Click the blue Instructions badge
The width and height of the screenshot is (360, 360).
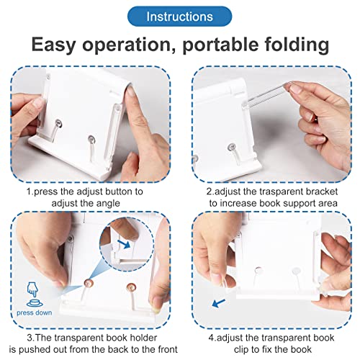(x=179, y=16)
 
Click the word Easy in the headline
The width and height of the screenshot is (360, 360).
(x=60, y=45)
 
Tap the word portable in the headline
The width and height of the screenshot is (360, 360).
(x=228, y=45)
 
